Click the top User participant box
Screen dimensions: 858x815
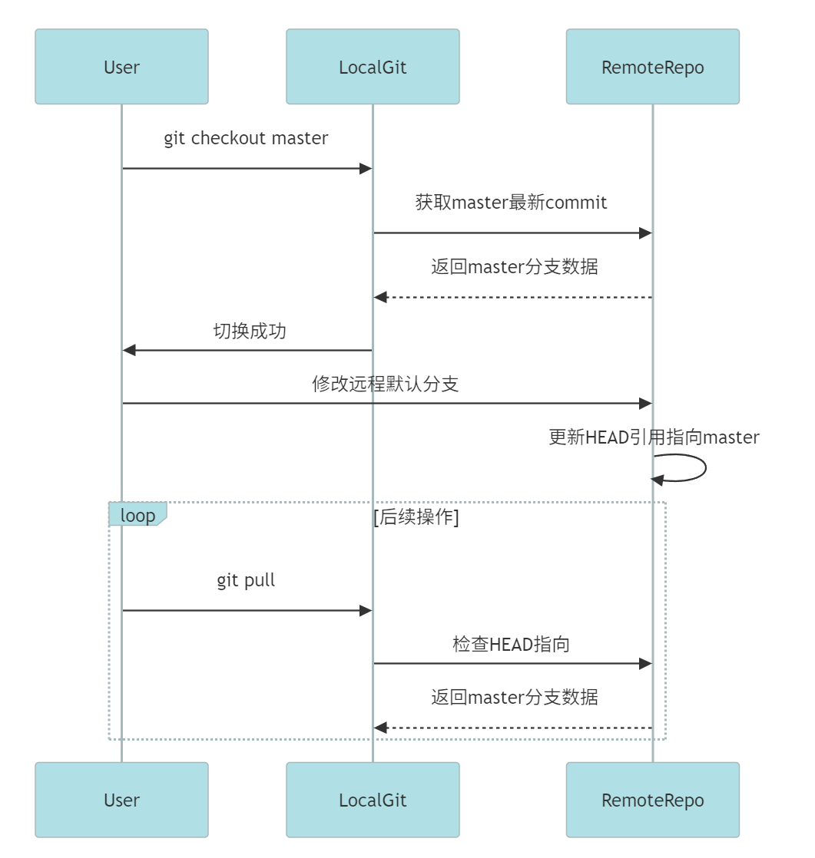[121, 67]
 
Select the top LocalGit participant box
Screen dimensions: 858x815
[373, 67]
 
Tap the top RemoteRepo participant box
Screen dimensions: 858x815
[652, 67]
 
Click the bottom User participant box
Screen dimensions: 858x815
[121, 800]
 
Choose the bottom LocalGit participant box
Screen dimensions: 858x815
[373, 800]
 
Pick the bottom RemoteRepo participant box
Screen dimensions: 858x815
[652, 800]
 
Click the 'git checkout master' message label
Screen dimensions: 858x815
[246, 138]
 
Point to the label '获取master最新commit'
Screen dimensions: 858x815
[512, 203]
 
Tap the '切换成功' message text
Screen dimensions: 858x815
[249, 331]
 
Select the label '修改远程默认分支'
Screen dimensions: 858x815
[386, 384]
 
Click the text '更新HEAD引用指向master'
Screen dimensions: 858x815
[654, 437]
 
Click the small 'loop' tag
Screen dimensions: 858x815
[137, 515]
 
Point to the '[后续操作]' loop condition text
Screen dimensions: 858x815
[416, 517]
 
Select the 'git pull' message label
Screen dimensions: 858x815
[246, 580]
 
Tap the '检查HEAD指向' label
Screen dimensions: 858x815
[512, 644]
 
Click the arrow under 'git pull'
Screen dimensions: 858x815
[247, 611]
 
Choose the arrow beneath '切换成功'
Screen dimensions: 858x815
[247, 350]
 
